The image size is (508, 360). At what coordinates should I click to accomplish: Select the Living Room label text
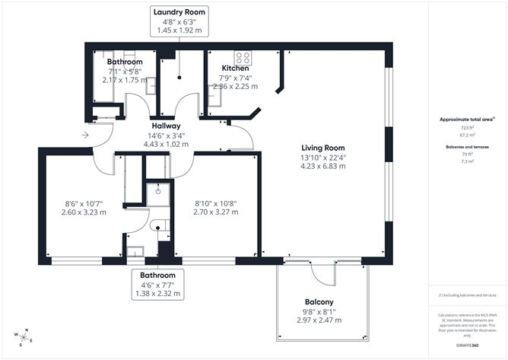pos(323,148)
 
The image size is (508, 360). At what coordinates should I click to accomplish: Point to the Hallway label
pos(166,126)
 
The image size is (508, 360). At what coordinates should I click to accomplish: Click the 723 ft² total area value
pos(468,129)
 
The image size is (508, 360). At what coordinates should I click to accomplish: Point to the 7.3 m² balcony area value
pos(468,161)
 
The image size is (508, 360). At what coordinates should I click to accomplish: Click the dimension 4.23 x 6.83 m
pos(323,167)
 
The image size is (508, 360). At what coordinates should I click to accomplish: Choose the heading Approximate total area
pos(467,120)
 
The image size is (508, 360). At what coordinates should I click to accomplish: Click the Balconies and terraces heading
pos(468,145)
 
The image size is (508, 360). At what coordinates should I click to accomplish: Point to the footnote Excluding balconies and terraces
pos(468,295)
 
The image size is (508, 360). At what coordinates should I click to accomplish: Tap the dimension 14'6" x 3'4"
pos(166,135)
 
